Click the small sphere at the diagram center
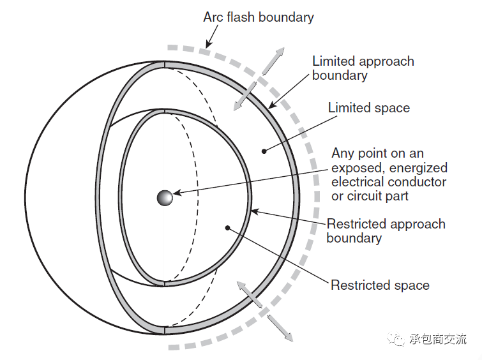(165, 197)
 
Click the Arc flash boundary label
(259, 17)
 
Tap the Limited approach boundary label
(363, 68)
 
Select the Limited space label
(368, 108)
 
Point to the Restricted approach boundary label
(386, 231)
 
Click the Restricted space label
(380, 285)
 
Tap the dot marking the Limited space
(264, 151)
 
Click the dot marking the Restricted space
(227, 227)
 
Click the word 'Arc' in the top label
(213, 17)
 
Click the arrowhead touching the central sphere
(177, 192)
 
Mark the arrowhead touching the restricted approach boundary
(255, 211)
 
